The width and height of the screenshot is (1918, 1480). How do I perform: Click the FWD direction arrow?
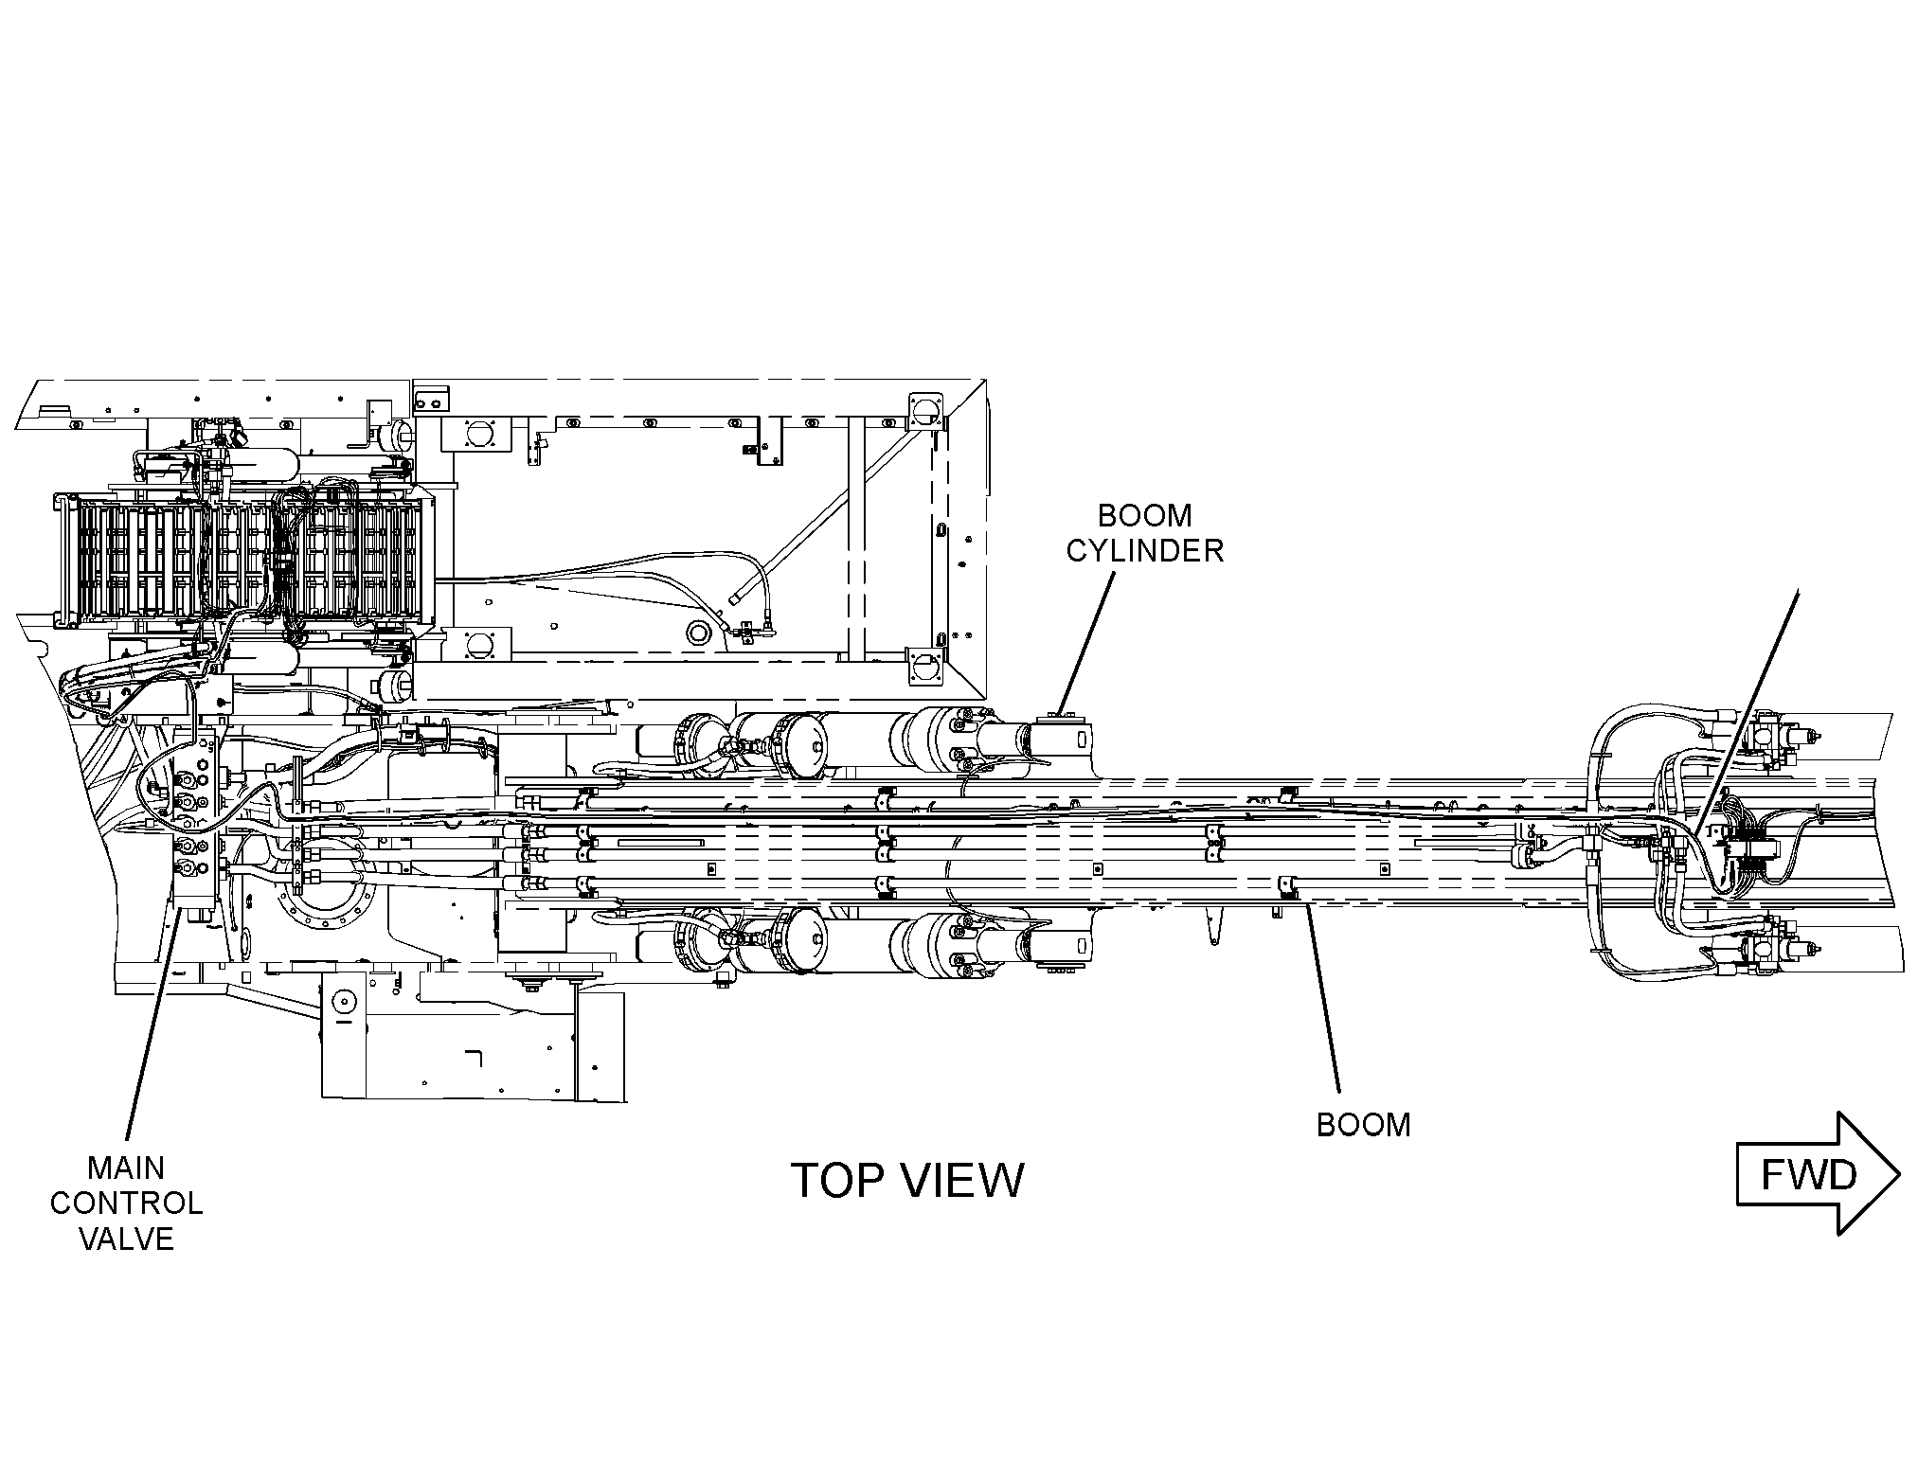(1818, 1173)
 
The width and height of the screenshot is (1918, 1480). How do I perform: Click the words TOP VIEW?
(906, 1180)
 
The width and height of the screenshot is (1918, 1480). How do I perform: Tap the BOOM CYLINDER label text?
(1145, 532)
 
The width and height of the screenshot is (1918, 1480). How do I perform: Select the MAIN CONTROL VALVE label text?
(126, 1204)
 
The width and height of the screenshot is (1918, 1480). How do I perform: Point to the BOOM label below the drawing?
(1364, 1125)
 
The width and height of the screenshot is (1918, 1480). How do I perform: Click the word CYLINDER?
(1145, 550)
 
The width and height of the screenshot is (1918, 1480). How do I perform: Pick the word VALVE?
(127, 1239)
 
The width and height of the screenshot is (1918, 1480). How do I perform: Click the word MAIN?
(126, 1168)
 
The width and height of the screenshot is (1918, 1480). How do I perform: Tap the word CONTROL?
(126, 1204)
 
